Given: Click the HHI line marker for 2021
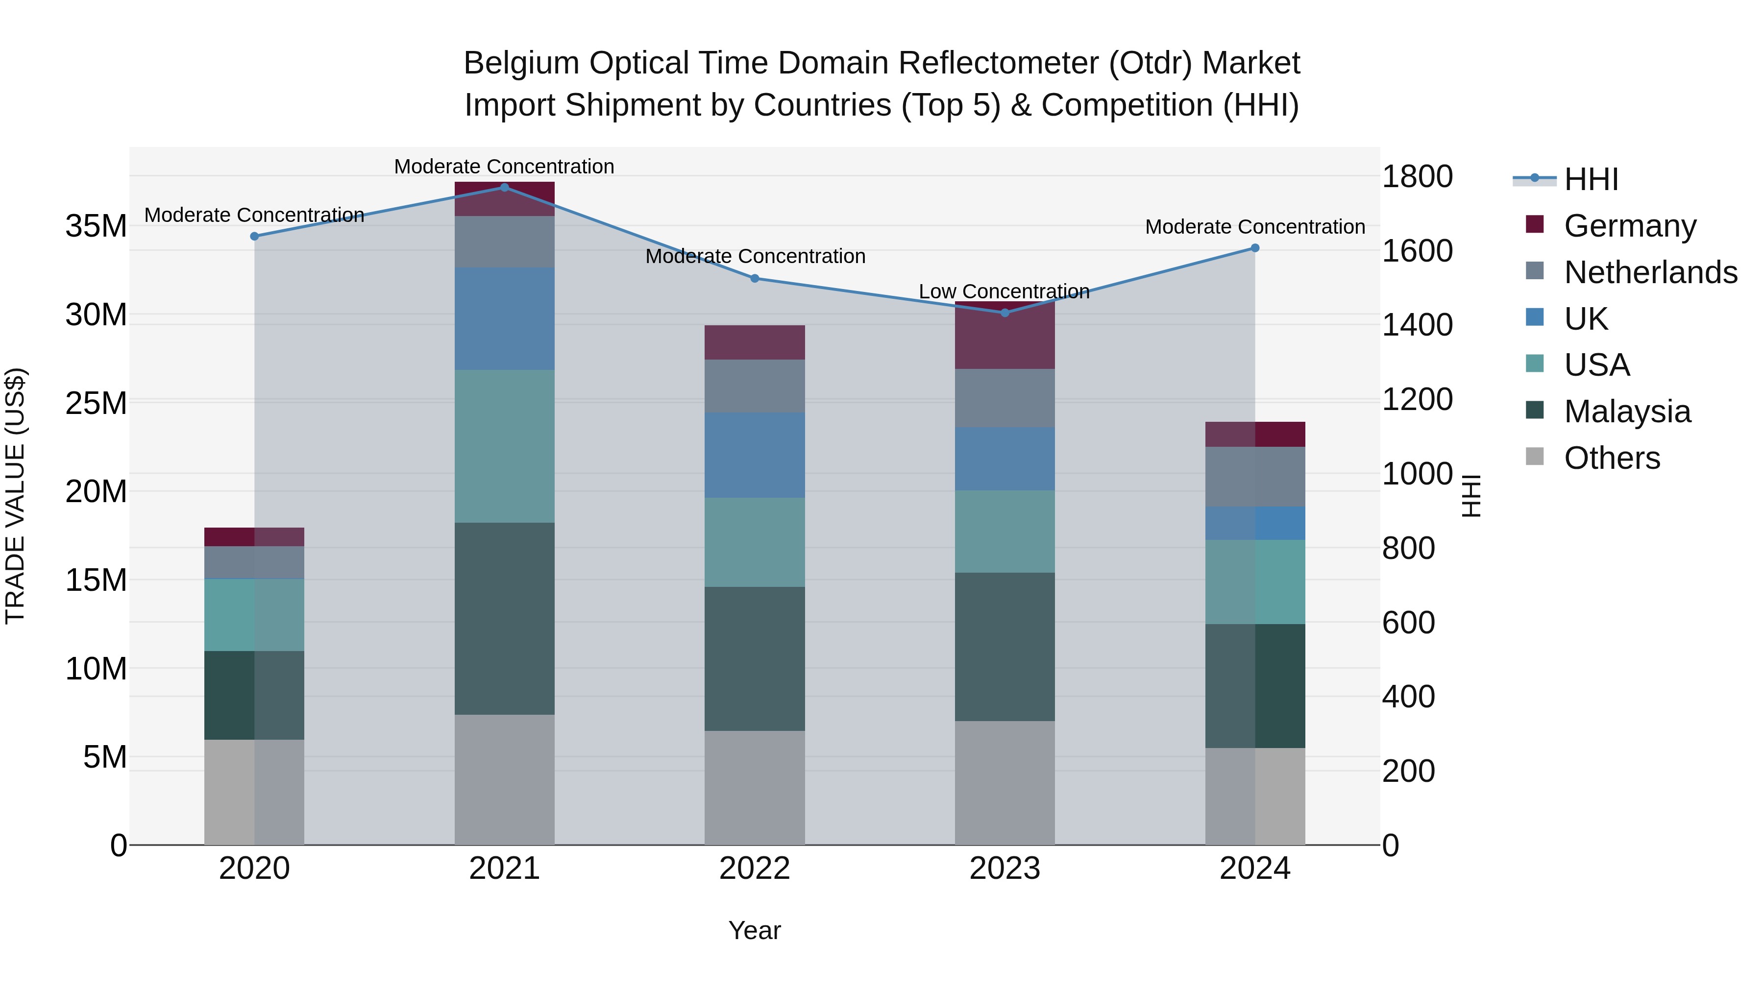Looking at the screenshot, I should tap(505, 187).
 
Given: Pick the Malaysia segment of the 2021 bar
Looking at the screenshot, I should tap(505, 618).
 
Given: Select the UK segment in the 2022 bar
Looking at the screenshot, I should tap(755, 455).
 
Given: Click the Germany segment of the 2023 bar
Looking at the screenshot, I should tap(1004, 336).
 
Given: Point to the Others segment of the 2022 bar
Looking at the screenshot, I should tap(755, 787).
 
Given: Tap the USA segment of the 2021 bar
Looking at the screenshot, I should tap(505, 446).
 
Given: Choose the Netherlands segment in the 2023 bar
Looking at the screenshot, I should tap(1004, 398).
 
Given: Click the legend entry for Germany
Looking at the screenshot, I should tap(1630, 225).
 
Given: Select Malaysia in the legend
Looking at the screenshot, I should tap(1627, 411).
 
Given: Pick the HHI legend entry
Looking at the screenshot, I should tap(1591, 179).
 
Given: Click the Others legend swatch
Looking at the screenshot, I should tap(1535, 457).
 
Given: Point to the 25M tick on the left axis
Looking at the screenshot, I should tap(96, 403).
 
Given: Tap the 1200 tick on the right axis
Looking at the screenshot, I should tap(1416, 399).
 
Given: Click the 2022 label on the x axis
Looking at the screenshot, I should tap(755, 869).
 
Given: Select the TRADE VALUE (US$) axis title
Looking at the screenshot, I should tap(15, 496).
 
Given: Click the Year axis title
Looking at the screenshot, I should tap(755, 930).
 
